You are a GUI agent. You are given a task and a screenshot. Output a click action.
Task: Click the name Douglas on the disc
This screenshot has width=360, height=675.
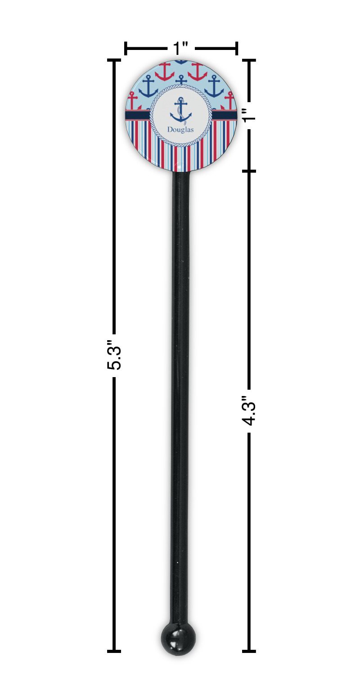180,130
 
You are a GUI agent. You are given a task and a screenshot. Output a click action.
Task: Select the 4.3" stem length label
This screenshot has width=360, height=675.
249,411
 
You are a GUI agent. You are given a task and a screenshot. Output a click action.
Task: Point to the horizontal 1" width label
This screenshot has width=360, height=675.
181,48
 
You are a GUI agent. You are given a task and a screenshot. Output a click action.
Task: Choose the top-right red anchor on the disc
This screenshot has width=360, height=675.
198,72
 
